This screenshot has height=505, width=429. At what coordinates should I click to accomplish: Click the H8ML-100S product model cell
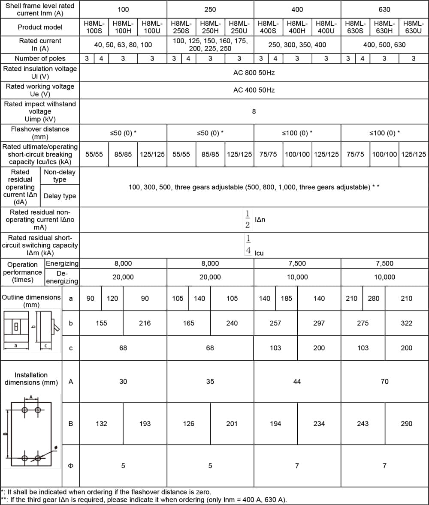click(94, 27)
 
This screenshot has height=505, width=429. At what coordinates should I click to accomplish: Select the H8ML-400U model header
click(326, 27)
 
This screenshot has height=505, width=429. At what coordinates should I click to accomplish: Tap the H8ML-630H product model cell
click(384, 27)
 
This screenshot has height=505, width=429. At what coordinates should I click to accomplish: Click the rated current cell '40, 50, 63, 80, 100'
click(123, 45)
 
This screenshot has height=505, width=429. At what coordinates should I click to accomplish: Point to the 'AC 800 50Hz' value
click(254, 73)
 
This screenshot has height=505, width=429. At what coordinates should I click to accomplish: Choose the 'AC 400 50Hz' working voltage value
click(254, 90)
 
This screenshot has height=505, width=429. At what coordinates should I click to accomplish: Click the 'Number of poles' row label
click(40, 58)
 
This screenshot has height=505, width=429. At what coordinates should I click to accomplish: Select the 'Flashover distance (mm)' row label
click(40, 133)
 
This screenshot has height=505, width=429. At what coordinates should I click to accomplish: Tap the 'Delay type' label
click(60, 196)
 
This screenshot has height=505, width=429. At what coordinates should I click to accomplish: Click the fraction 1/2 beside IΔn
click(248, 220)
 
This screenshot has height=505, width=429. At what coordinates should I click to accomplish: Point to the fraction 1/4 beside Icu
click(248, 245)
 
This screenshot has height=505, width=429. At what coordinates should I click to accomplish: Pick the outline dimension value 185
click(286, 298)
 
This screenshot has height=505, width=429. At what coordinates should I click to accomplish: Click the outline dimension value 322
click(406, 323)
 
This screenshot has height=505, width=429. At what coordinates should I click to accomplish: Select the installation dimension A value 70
click(384, 381)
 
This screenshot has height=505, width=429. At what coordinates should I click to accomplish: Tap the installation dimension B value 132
click(101, 424)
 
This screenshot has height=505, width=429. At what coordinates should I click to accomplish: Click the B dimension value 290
click(406, 424)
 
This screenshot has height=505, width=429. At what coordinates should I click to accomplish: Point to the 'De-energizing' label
click(62, 277)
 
